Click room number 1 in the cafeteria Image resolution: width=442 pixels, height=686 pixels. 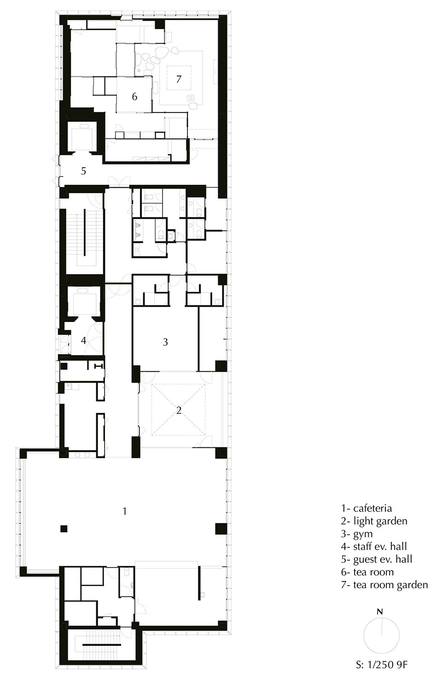124,511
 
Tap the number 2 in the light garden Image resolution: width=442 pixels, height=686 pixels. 179,410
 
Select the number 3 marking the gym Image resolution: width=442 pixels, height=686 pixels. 165,342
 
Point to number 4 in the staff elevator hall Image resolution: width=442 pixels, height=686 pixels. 83,341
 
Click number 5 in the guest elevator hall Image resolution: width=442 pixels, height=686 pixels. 83,171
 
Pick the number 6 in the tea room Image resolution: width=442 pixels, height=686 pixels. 134,96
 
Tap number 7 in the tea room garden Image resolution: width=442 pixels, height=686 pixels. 179,79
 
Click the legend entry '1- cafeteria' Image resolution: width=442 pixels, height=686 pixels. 366,509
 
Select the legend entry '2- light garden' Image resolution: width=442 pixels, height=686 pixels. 374,522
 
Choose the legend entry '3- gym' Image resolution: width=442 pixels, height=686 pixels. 357,534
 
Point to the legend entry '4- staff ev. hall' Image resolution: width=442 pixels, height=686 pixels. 374,547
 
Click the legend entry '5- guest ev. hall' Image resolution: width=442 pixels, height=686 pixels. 377,559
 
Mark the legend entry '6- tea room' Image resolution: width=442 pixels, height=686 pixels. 367,572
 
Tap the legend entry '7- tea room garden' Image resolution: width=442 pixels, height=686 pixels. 384,585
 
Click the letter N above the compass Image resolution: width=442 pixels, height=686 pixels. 380,612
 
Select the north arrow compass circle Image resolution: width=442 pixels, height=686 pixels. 381,635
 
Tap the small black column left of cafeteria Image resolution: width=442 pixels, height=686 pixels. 64,528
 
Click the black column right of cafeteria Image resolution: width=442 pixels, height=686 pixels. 221,528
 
